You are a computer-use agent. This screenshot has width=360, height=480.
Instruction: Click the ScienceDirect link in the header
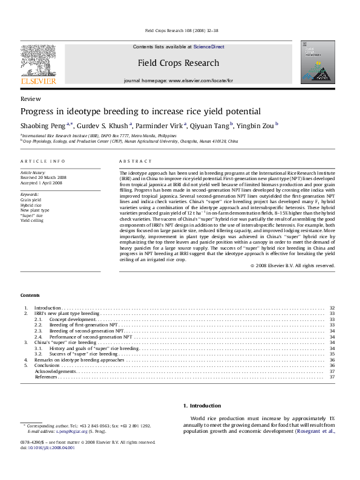click(209, 47)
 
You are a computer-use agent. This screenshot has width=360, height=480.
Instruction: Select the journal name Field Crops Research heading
click(178, 63)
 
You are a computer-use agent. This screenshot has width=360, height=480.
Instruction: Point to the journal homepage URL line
click(178, 80)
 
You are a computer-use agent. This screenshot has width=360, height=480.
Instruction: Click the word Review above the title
click(31, 98)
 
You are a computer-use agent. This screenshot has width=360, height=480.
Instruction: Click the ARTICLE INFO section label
click(42, 161)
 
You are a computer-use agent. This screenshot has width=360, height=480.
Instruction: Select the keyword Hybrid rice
click(31, 205)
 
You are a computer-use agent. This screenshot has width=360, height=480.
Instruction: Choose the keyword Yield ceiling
click(33, 221)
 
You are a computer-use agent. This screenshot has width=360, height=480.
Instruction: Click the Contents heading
click(30, 295)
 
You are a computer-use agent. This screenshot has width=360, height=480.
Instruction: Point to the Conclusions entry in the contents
click(47, 366)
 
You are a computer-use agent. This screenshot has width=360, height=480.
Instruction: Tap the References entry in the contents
click(46, 377)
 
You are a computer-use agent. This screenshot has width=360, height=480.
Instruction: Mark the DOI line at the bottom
click(48, 448)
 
